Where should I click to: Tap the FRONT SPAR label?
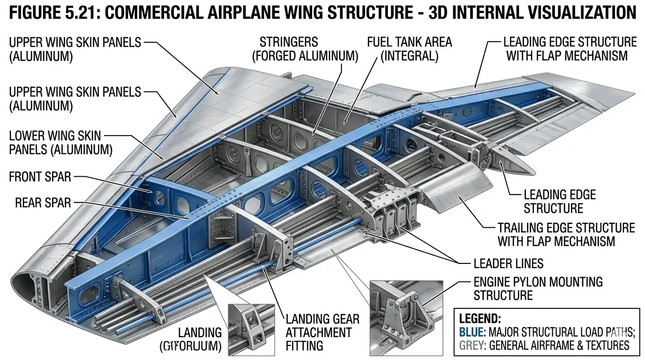click(40, 177)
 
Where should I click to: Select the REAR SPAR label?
click(43, 202)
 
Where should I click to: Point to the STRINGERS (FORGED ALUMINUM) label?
click(305, 49)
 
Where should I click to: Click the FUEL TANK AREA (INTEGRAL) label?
click(409, 49)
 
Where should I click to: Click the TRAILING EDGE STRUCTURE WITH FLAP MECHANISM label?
click(566, 235)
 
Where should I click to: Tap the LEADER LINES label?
click(509, 263)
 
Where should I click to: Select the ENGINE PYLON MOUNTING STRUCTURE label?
click(538, 288)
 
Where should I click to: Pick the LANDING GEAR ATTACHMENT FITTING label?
click(322, 332)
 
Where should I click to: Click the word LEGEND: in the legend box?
click(480, 319)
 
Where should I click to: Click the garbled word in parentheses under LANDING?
click(191, 346)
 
